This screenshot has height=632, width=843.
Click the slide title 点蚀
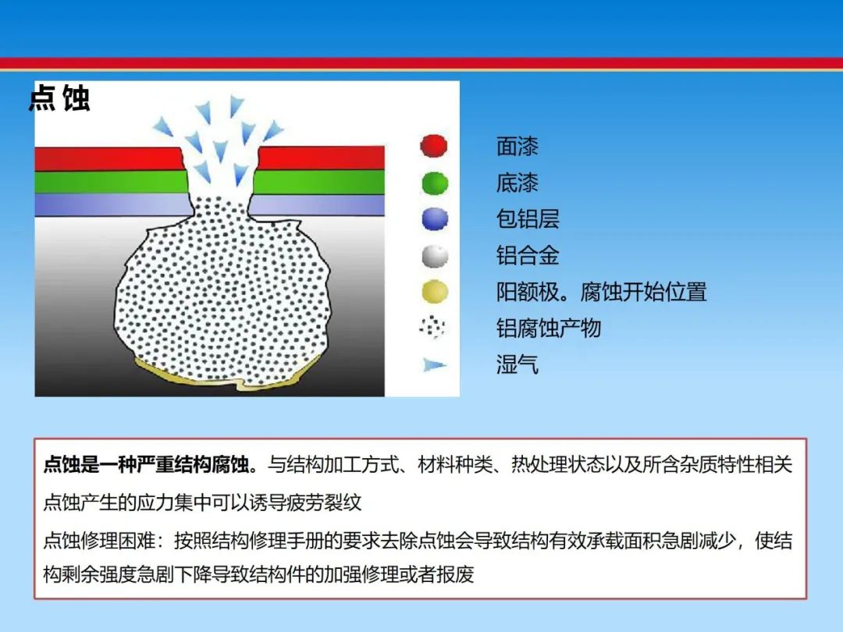[59, 98]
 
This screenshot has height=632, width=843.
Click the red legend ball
[434, 146]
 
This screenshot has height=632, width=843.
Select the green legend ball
[435, 183]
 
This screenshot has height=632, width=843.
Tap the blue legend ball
[435, 219]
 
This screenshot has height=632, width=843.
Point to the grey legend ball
[435, 256]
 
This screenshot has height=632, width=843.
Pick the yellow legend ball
[435, 292]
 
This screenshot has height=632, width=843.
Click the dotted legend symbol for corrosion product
[432, 327]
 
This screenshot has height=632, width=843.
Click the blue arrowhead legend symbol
[435, 365]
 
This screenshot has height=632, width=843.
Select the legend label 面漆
[518, 146]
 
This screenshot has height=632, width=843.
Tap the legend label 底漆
[518, 183]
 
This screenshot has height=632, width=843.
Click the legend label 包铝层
[528, 219]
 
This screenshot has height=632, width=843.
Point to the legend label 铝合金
[528, 256]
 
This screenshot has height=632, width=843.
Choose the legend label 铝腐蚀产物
[549, 328]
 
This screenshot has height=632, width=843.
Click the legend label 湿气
[518, 364]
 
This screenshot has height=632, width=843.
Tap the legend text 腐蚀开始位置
[643, 292]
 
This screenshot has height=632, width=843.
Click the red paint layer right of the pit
[322, 158]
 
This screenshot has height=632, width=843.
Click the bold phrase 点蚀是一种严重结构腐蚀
[146, 463]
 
